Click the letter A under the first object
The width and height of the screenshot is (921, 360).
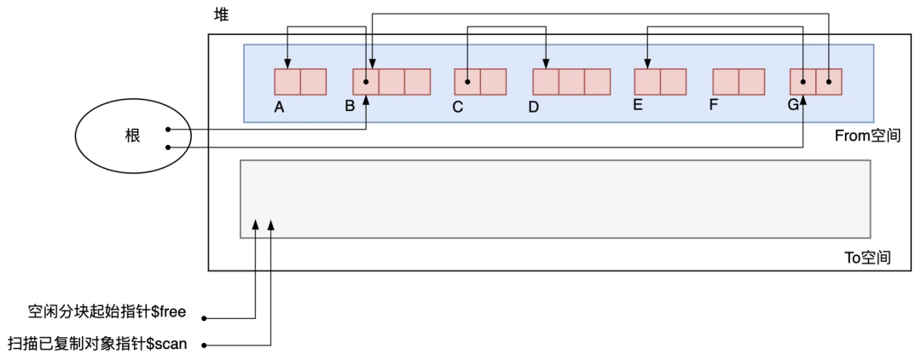pyautogui.click(x=279, y=107)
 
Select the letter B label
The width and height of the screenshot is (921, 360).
pyautogui.click(x=350, y=107)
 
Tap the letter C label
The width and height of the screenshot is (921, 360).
pyautogui.click(x=458, y=107)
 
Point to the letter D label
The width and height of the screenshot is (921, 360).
pyautogui.click(x=534, y=107)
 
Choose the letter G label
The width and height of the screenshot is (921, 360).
pyautogui.click(x=793, y=106)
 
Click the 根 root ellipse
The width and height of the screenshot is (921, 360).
pyautogui.click(x=127, y=136)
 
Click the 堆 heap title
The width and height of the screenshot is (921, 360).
pyautogui.click(x=220, y=16)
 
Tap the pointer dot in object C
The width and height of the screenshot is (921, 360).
pyautogui.click(x=467, y=82)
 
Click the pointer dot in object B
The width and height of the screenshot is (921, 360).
pyautogui.click(x=366, y=82)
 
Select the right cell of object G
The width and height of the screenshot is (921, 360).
pyautogui.click(x=829, y=82)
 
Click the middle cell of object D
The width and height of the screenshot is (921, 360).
pyautogui.click(x=571, y=82)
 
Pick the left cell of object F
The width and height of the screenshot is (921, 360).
pyautogui.click(x=726, y=82)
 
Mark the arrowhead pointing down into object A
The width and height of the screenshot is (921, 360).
pyautogui.click(x=287, y=65)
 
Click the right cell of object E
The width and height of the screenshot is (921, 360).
pyautogui.click(x=673, y=82)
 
